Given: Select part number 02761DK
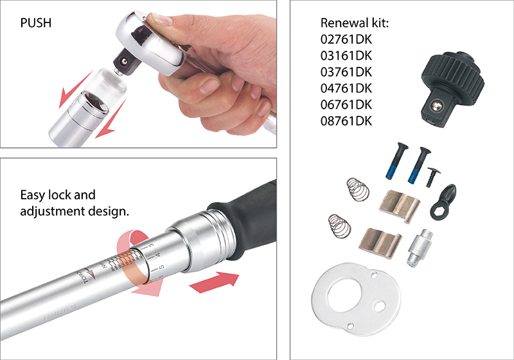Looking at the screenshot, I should point(346,40).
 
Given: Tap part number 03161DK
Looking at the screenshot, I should point(346,56).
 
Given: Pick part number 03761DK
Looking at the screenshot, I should point(346,72).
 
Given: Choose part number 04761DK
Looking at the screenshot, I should point(346,88).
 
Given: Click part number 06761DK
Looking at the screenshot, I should point(346,104).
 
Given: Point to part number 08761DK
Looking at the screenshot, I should point(346,120).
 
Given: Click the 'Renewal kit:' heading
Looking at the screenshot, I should point(356,24).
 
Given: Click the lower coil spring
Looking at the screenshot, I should point(339,226).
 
